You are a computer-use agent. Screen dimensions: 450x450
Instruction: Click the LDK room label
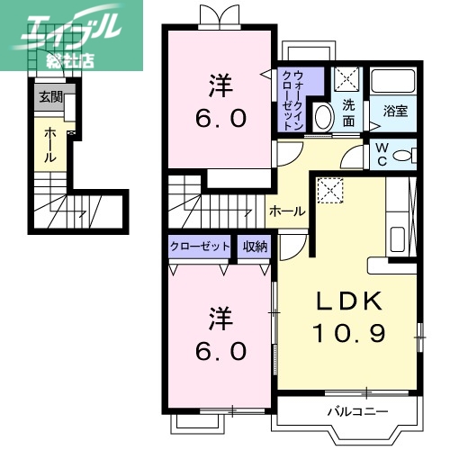pyautogui.click(x=349, y=301)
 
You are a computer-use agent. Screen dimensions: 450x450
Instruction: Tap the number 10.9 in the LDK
pyautogui.click(x=349, y=333)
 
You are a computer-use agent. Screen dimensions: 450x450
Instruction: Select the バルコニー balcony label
pyautogui.click(x=356, y=412)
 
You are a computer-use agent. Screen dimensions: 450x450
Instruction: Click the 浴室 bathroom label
pyautogui.click(x=395, y=112)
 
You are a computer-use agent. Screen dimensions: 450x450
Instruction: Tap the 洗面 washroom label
pyautogui.click(x=348, y=112)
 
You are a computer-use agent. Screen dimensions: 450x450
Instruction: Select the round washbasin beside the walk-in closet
pyautogui.click(x=321, y=118)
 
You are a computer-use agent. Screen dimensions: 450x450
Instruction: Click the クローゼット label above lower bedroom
pyautogui.click(x=199, y=246)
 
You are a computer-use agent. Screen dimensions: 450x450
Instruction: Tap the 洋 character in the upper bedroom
pyautogui.click(x=221, y=87)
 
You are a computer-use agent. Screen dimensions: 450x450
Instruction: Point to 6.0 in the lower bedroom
pyautogui.click(x=220, y=352)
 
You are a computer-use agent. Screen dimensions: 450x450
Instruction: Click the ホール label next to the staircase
pyautogui.click(x=287, y=211)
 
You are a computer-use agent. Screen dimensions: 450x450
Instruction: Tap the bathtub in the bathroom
pyautogui.click(x=395, y=85)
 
